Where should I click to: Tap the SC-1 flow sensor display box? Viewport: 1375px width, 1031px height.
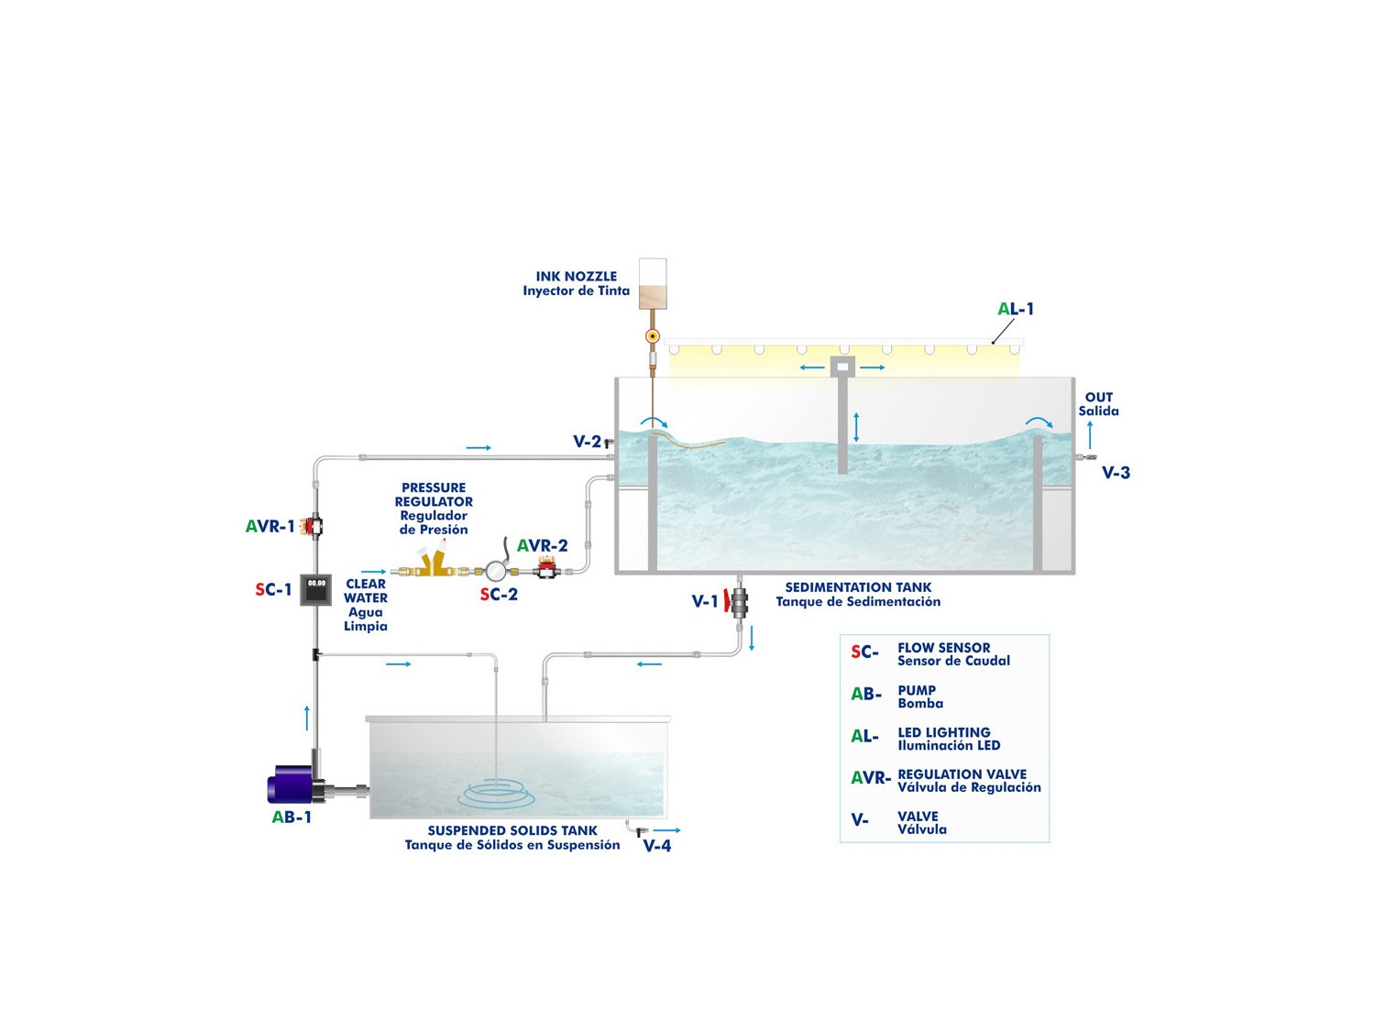316,589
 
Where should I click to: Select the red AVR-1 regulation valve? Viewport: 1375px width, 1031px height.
314,526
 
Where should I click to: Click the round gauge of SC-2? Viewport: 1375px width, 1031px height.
496,571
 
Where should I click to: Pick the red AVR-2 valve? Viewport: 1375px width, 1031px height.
547,569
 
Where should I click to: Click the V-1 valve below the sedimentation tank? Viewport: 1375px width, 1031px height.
738,601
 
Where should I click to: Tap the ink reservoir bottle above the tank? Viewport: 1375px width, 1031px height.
653,283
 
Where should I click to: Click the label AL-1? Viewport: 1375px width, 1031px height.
1016,309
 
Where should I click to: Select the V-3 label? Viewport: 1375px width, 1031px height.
1116,473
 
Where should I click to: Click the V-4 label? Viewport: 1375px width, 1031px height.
656,846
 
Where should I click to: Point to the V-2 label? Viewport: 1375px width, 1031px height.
587,442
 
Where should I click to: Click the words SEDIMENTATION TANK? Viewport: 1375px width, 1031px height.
858,587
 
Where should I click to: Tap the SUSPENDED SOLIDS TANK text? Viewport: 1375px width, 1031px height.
512,830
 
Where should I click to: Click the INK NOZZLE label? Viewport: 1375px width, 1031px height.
576,276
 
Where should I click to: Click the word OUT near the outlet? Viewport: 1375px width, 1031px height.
1098,398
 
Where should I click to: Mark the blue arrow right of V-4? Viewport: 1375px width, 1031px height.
667,830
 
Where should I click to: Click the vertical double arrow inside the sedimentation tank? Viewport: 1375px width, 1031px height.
856,427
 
